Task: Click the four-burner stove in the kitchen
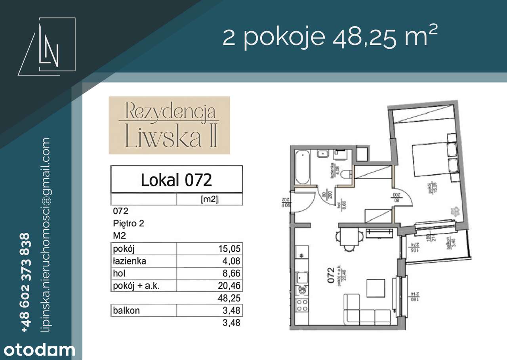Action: (303, 304)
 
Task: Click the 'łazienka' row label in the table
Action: (130, 261)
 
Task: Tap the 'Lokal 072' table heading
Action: (176, 180)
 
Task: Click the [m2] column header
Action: (210, 200)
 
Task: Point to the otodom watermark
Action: (38, 350)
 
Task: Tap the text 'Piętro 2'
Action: (128, 223)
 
